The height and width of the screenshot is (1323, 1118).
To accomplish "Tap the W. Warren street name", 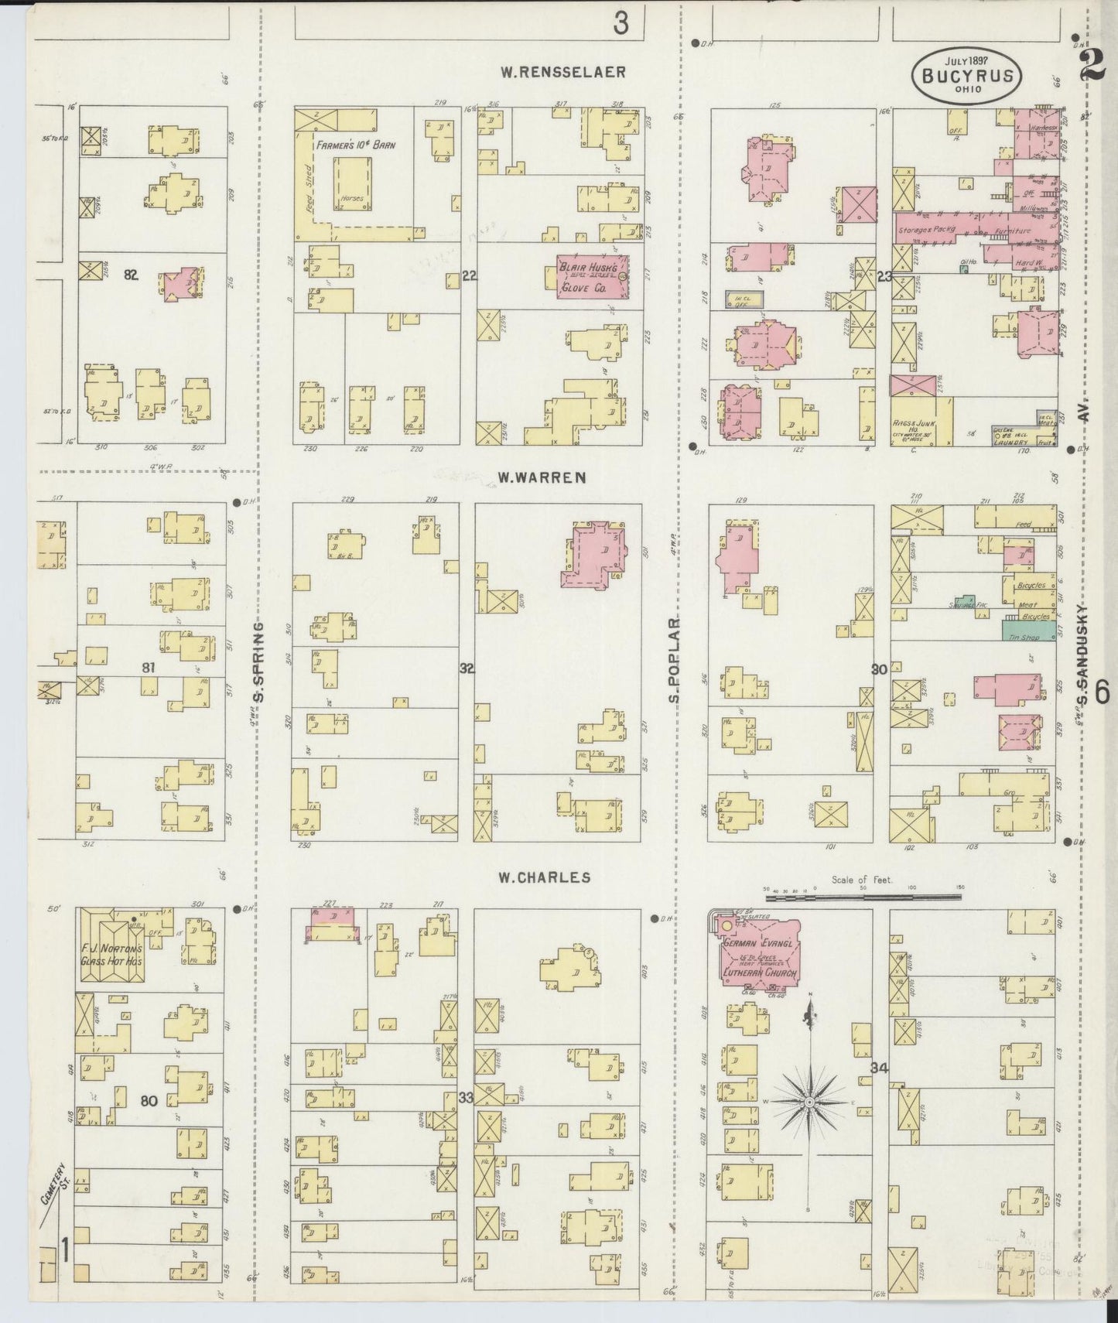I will pos(541,478).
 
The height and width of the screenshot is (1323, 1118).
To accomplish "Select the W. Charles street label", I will pos(544,877).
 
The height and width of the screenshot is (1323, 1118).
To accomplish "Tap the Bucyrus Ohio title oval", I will pos(969,75).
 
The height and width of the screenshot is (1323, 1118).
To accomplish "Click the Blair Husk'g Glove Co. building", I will pos(590,276).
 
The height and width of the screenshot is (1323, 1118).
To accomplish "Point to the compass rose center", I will pos(809,1100).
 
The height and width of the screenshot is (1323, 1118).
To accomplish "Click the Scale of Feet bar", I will pos(862,897).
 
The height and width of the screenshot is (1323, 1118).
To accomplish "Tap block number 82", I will pos(130,274).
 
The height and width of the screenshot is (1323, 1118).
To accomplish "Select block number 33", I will pos(466,1097).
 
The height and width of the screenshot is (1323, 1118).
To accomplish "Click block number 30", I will pos(880,669).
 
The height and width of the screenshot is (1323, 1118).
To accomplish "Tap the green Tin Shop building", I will pos(1027,631).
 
